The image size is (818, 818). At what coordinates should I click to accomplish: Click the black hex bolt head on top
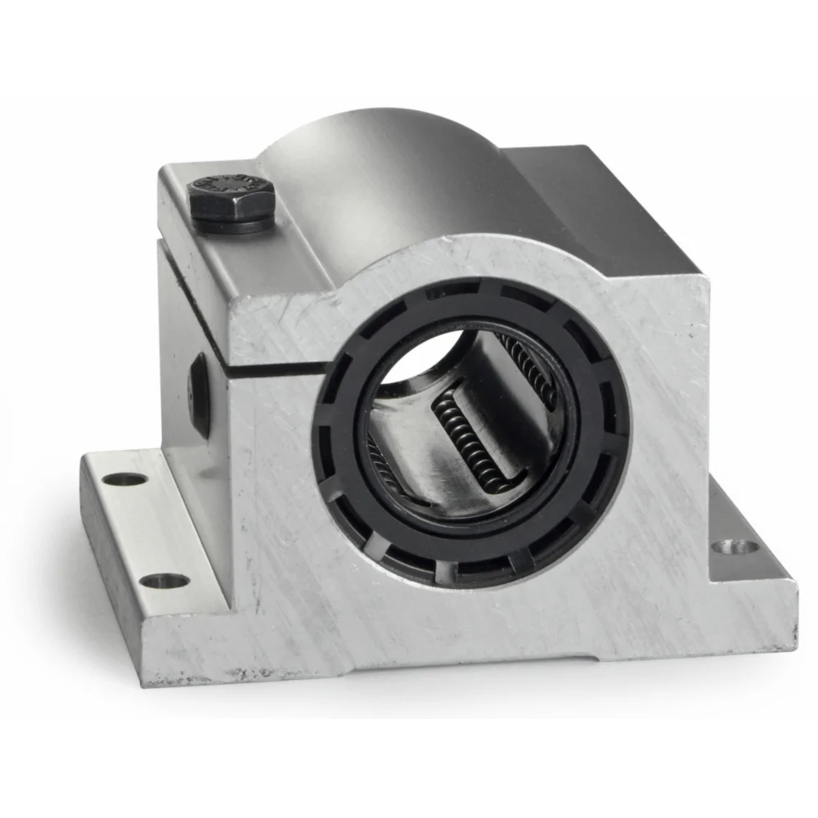click(231, 195)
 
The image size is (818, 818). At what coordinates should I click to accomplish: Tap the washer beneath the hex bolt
click(232, 222)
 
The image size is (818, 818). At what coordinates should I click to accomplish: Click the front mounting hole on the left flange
click(164, 581)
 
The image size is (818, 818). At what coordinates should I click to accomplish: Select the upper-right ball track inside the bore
click(532, 368)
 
